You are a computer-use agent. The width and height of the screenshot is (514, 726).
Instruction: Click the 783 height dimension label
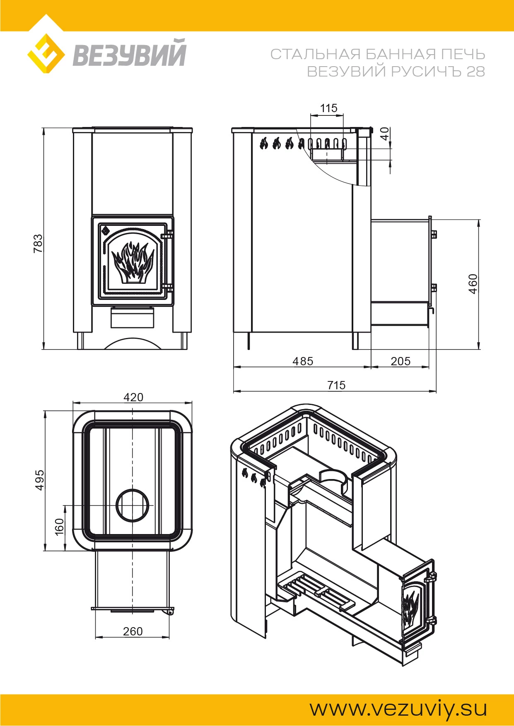(x=38, y=243)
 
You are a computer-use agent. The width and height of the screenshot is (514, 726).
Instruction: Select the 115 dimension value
(x=329, y=108)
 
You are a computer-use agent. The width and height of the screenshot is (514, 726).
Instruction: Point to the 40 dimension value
(x=385, y=134)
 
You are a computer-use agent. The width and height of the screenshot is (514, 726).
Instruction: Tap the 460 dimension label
(x=473, y=284)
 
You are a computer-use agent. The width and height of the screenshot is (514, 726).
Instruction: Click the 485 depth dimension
(x=303, y=361)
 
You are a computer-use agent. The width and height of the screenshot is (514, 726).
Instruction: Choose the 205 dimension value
(x=401, y=361)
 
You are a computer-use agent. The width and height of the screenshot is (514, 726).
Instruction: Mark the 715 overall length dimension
(x=336, y=385)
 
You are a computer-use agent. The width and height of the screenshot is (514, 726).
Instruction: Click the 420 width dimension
(x=133, y=397)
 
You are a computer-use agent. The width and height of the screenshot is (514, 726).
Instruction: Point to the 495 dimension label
(x=39, y=480)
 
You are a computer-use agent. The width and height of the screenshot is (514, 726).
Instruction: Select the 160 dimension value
(x=59, y=526)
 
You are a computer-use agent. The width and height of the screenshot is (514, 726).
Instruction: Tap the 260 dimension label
(x=133, y=631)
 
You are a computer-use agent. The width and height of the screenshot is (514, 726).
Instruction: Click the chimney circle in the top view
(x=133, y=506)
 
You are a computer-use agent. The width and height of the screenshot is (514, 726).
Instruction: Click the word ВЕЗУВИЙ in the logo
(x=130, y=53)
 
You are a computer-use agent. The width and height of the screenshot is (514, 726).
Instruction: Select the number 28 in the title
(x=475, y=72)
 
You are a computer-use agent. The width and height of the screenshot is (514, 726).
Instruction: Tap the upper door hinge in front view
(x=167, y=235)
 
